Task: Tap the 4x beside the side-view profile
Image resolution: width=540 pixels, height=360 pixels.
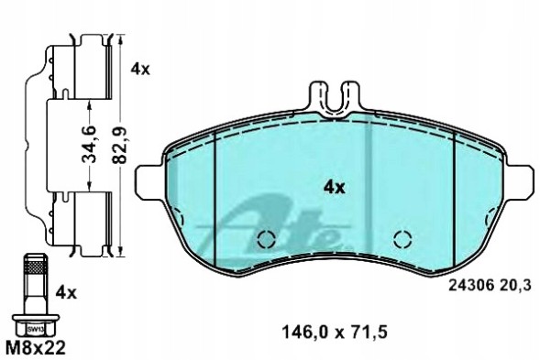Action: pos(139,69)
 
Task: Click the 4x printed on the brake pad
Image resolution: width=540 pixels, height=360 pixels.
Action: pos(333,187)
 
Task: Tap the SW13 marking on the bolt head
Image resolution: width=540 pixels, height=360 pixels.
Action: pos(35,325)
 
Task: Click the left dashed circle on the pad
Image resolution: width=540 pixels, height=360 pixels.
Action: pos(267,240)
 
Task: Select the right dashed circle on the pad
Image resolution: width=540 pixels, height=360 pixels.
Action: pos(401,240)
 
